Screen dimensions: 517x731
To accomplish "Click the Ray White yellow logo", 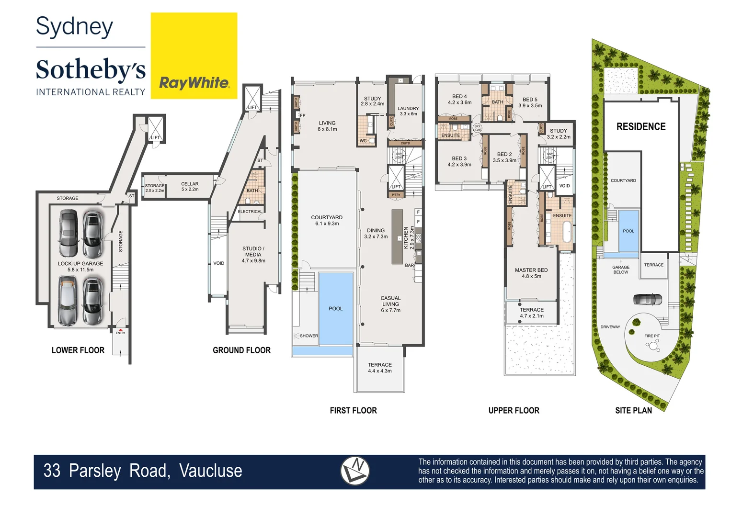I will pos(194,56).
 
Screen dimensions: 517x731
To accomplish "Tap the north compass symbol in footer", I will pos(355,471).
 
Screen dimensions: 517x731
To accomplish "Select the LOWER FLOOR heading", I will pos(78,350).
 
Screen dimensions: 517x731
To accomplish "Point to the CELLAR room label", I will pos(190,187).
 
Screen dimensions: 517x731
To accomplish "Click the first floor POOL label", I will pos(335,309).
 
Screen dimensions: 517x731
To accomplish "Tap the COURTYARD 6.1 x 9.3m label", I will pos(327,220).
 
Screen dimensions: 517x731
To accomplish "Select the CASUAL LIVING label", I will pos(390,304).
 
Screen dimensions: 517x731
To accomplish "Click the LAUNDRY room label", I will pos(408,111).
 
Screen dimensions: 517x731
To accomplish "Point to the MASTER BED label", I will pos(531,273).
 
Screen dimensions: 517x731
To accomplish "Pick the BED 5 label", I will pos(530,102).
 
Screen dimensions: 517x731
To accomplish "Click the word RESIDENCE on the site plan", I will pos(641,127).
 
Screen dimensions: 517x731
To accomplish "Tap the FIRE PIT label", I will pos(652,336).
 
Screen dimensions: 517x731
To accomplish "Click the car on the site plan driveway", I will pos(647,300).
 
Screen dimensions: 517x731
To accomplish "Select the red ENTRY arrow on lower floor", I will pos(121,330).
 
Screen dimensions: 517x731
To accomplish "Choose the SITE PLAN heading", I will pos(633,411).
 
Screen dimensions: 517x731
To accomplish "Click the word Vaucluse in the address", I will pos(211,471).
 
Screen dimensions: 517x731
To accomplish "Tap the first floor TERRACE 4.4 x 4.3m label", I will pos(380,368).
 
